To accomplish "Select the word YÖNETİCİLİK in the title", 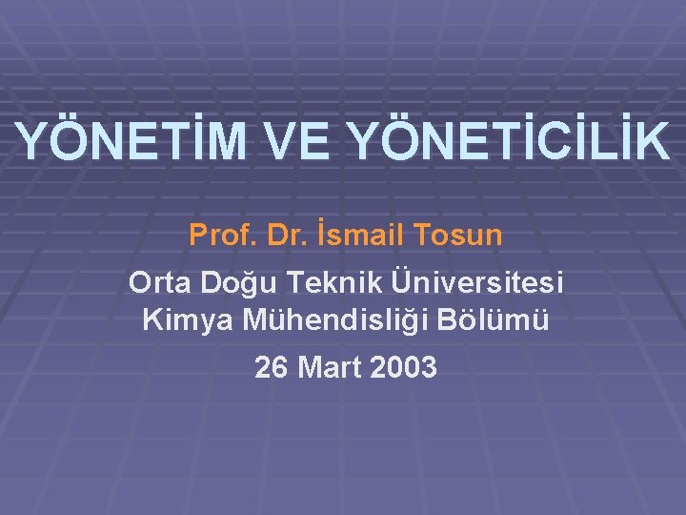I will (509, 141).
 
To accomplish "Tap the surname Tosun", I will (455, 235).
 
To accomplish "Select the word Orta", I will (158, 284).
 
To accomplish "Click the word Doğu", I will (232, 285).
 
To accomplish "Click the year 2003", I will (401, 367).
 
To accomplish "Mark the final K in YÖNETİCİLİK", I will (653, 141).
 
